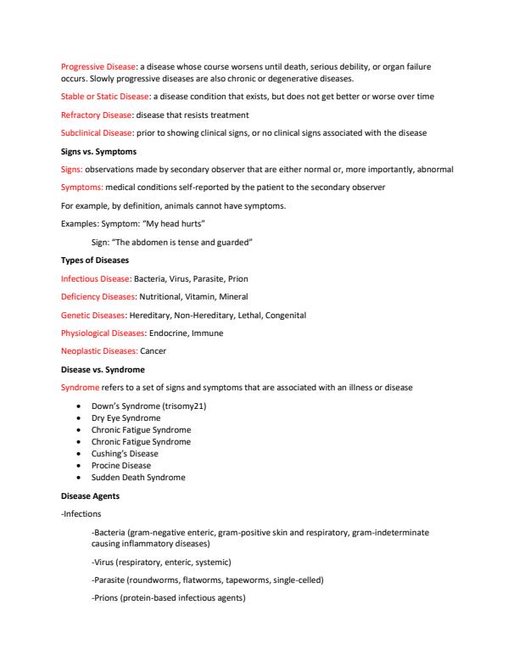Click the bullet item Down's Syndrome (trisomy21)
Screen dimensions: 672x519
click(148, 406)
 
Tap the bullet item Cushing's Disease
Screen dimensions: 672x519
click(125, 454)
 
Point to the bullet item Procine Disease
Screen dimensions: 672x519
click(121, 466)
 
